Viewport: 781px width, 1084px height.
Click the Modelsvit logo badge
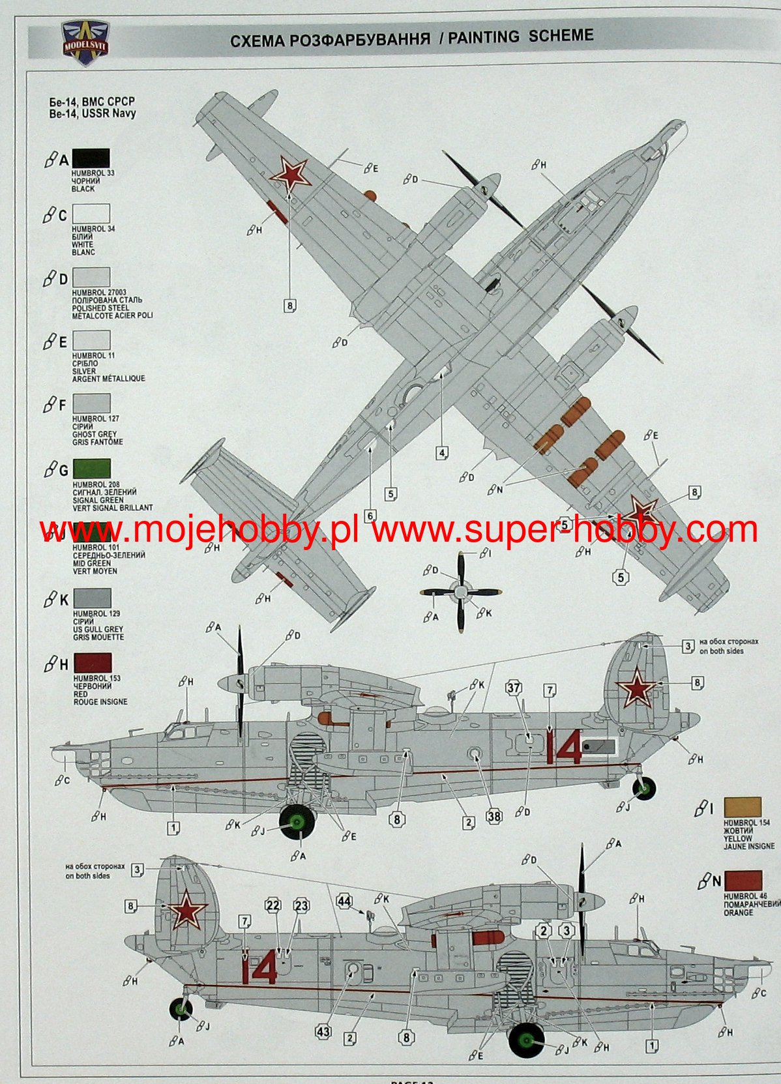pos(85,42)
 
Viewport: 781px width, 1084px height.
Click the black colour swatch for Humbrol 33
pos(91,158)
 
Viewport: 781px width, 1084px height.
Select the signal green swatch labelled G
pos(91,469)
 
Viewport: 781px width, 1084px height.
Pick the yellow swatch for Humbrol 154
pos(742,806)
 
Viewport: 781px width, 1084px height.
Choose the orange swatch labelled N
pos(742,881)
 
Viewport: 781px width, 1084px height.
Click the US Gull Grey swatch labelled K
pos(91,598)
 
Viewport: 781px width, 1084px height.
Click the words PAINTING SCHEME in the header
pos(520,37)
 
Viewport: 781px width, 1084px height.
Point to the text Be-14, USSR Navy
pos(92,113)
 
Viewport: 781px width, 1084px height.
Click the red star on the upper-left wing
pos(290,173)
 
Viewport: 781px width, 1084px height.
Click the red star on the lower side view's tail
pos(187,909)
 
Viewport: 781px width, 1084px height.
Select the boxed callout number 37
pos(514,688)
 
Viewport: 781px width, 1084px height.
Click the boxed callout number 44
pos(344,901)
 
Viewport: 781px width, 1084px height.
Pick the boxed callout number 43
pos(323,1031)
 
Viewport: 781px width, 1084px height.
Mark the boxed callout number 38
pos(494,816)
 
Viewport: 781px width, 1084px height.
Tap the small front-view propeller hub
pos(461,592)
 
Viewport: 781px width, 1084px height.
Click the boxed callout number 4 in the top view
pos(442,453)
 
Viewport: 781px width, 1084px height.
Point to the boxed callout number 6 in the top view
pos(370,516)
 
